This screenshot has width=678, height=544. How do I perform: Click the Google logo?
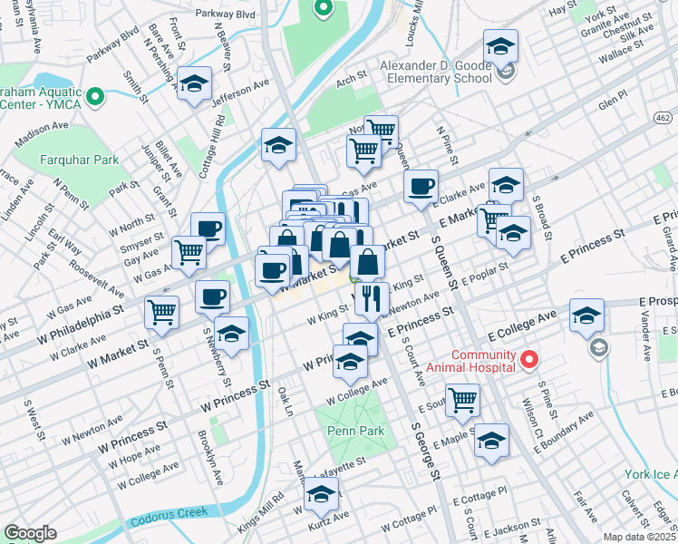pos(30,533)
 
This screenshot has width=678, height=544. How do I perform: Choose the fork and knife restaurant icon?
pos(372,296)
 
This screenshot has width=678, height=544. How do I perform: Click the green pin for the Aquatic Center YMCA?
pos(94,95)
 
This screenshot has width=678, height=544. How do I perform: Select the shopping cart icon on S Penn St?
pos(161,312)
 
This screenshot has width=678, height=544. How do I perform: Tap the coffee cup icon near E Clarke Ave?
pos(420,187)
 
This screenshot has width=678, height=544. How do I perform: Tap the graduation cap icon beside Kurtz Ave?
pos(321,493)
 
